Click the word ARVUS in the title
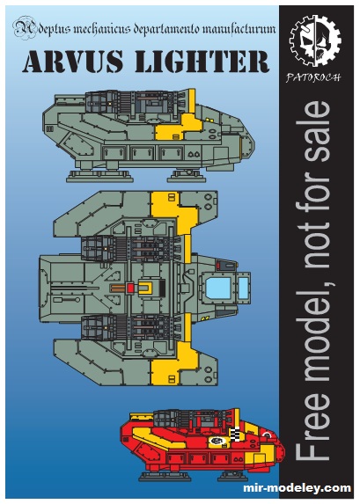[x=73, y=61]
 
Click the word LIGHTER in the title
[x=202, y=61]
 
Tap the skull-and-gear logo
[x=314, y=41]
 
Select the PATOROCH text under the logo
[x=313, y=77]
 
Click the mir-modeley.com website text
[x=297, y=487]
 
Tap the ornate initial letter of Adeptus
[x=24, y=29]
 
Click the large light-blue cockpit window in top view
[x=218, y=288]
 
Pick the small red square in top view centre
[x=130, y=288]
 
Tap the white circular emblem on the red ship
[x=217, y=441]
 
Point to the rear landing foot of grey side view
[x=99, y=176]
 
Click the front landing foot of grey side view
[x=187, y=176]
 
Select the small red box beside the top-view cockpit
[x=222, y=266]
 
